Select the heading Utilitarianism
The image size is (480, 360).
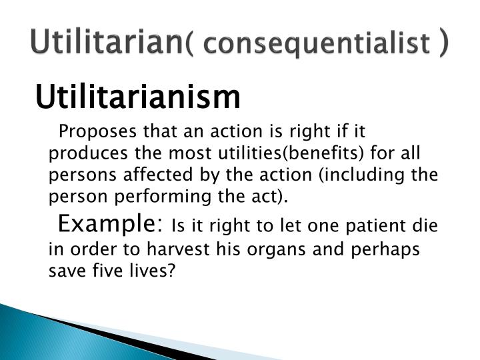tap(137, 98)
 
